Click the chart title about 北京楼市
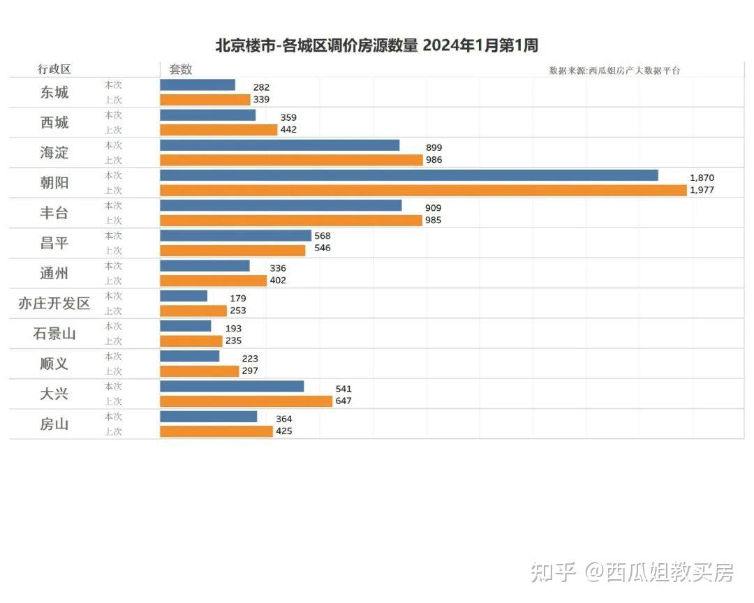[376, 46]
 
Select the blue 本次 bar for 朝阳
[408, 175]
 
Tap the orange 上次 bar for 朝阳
[423, 190]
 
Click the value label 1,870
[702, 178]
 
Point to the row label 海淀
[54, 153]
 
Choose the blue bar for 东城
[198, 84]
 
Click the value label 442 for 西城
[288, 130]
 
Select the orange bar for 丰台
[291, 221]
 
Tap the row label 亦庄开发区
[54, 304]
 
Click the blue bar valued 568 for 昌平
[235, 235]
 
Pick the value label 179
[238, 298]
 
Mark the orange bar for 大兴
[246, 401]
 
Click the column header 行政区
[54, 70]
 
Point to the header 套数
[181, 70]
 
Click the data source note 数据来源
[614, 70]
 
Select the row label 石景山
[54, 334]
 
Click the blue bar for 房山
[208, 416]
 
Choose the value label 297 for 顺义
[249, 371]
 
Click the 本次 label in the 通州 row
[113, 266]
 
